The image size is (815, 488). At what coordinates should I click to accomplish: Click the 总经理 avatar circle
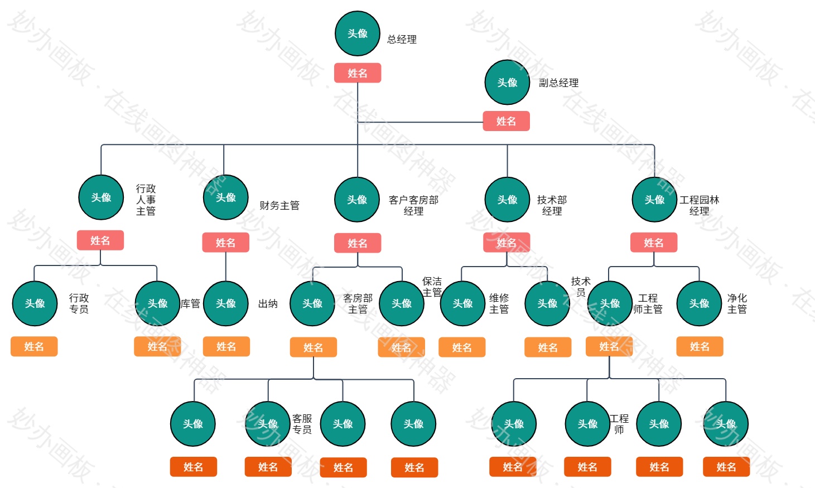358,33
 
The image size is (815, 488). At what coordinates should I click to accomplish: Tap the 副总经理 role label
558,83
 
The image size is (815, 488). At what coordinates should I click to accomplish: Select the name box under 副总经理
506,121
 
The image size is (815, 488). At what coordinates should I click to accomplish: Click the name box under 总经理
358,73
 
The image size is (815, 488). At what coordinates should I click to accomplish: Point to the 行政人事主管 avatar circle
101,197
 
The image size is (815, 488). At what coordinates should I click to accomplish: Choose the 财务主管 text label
279,206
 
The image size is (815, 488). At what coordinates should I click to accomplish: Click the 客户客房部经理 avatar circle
357,200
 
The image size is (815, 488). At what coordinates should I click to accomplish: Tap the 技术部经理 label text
552,205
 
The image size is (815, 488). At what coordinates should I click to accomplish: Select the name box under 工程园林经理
654,243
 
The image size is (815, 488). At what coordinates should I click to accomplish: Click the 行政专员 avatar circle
35,303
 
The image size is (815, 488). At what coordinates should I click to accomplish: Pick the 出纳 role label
268,304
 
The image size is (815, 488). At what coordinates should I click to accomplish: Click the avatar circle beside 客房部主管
312,303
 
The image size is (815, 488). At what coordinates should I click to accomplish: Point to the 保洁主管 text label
432,287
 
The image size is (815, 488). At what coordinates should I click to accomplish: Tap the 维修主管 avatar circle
462,303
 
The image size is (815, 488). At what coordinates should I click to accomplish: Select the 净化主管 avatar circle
699,303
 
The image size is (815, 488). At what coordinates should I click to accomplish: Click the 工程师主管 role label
648,304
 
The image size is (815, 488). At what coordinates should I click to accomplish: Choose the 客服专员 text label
302,424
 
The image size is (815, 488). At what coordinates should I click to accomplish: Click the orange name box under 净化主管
700,346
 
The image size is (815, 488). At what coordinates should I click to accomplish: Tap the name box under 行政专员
34,346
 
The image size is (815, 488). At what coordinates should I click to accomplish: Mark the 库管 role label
190,304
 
